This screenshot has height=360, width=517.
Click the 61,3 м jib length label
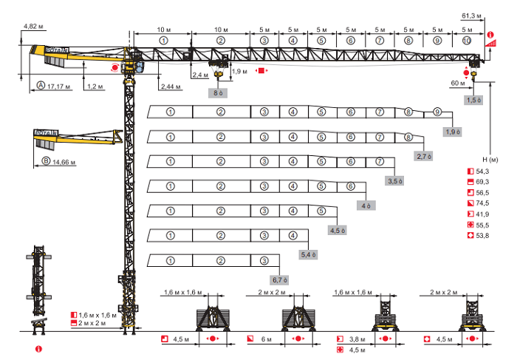click(x=470, y=15)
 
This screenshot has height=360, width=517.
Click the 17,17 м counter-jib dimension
click(x=58, y=86)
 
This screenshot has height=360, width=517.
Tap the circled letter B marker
click(x=46, y=160)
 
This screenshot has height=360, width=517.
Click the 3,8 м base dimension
click(x=357, y=339)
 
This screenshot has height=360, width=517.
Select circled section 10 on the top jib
click(x=465, y=41)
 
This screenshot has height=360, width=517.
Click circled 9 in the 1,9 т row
click(x=437, y=112)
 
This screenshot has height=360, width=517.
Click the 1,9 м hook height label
click(x=239, y=72)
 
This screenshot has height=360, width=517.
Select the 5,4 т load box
click(x=307, y=254)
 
